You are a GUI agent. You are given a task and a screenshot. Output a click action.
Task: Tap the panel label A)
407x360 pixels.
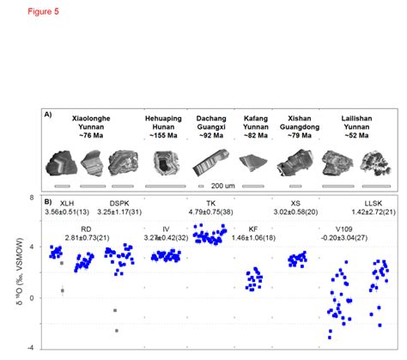click(x=50, y=113)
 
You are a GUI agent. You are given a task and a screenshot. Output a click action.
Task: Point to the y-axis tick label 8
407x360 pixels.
click(x=31, y=197)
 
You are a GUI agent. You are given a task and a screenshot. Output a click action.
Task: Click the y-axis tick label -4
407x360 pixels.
click(x=29, y=348)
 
